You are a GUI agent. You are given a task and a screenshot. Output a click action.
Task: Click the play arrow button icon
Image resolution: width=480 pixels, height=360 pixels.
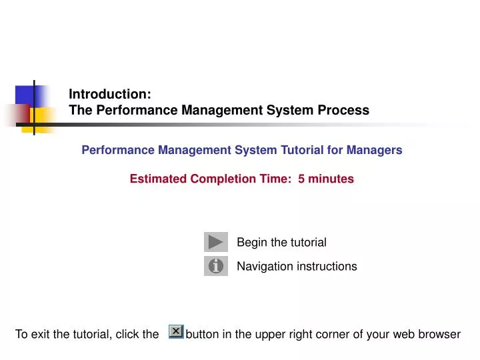coord(215,242)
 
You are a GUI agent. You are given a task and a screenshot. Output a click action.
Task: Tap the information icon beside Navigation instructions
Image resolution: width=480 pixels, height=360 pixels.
coord(215,266)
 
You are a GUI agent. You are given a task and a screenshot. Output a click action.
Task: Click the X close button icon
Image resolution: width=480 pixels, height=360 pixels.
coord(176,331)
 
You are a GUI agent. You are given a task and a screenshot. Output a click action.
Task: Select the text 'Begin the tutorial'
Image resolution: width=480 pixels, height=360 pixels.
coord(281,242)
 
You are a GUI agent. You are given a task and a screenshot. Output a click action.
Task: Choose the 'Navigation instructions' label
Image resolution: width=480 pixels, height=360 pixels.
coord(297,266)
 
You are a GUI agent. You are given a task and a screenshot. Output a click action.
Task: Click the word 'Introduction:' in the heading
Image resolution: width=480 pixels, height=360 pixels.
coord(110,95)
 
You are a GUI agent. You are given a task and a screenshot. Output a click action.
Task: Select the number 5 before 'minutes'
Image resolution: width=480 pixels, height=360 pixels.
coord(301,179)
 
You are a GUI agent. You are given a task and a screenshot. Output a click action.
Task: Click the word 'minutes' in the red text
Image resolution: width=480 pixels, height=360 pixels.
coord(331,179)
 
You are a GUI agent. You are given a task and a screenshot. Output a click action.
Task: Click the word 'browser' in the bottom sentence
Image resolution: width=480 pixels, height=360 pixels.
coord(438,334)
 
